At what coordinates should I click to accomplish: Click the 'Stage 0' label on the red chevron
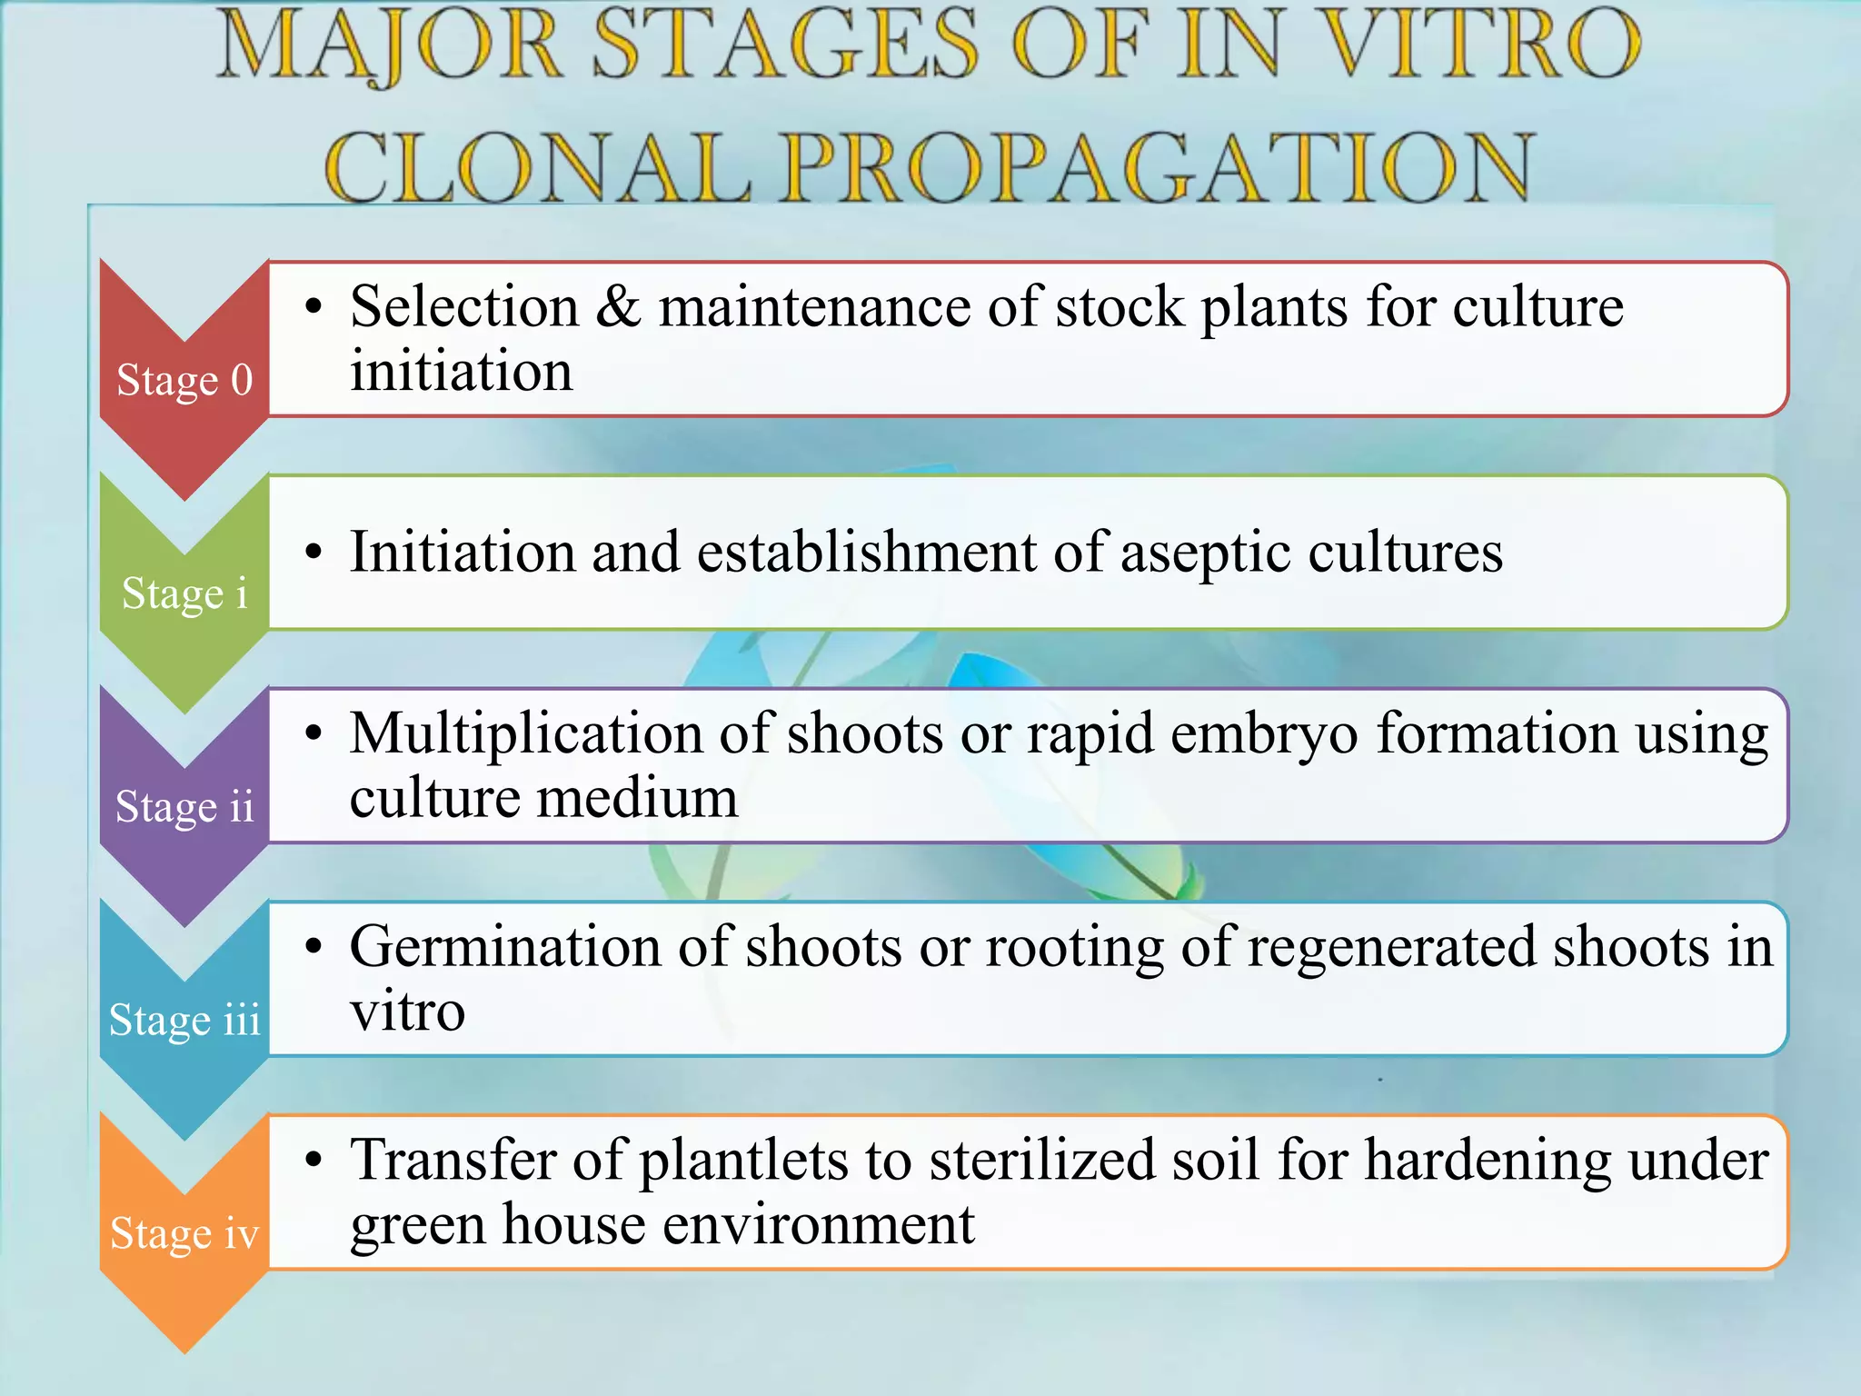point(184,380)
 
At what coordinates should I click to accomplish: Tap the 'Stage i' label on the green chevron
point(184,593)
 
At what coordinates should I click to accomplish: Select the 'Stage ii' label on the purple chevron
point(184,807)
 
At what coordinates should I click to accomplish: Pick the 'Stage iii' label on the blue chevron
point(184,1020)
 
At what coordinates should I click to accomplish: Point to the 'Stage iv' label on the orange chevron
point(184,1233)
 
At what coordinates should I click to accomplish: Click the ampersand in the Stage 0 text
point(619,307)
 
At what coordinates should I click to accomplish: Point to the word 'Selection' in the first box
point(464,307)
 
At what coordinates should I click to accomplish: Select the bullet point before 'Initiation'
point(314,553)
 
